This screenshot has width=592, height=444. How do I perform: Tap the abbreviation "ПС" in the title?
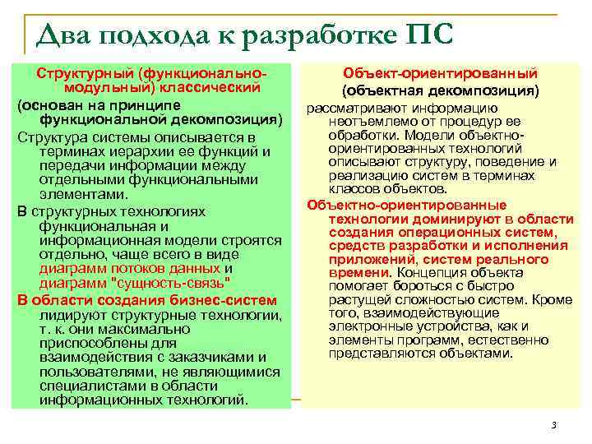(428, 35)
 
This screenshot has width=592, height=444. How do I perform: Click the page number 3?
(553, 425)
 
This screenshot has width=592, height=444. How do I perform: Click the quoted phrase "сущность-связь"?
(175, 284)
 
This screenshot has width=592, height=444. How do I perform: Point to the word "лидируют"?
(69, 315)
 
